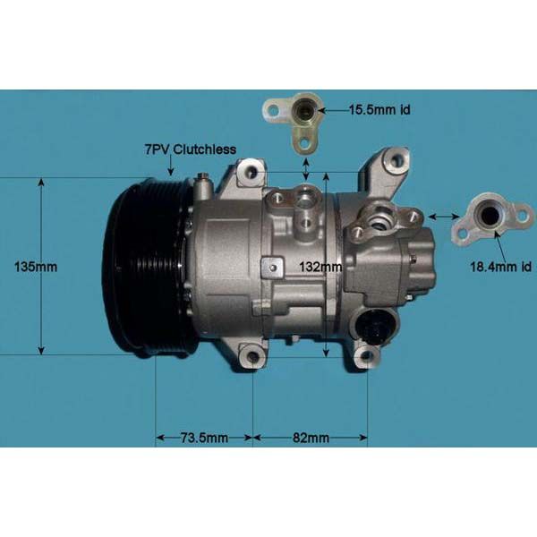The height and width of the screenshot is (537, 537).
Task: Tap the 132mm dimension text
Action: click(x=319, y=267)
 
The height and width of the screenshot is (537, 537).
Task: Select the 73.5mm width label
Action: click(x=204, y=438)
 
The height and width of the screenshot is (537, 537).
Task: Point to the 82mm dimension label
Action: click(x=311, y=438)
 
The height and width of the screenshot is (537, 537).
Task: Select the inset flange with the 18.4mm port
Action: click(x=490, y=218)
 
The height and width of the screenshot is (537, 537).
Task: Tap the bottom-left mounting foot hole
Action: click(x=251, y=361)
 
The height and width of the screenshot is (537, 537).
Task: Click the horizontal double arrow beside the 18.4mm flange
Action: click(x=443, y=216)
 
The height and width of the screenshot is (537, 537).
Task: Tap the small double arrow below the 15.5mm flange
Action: click(x=306, y=167)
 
